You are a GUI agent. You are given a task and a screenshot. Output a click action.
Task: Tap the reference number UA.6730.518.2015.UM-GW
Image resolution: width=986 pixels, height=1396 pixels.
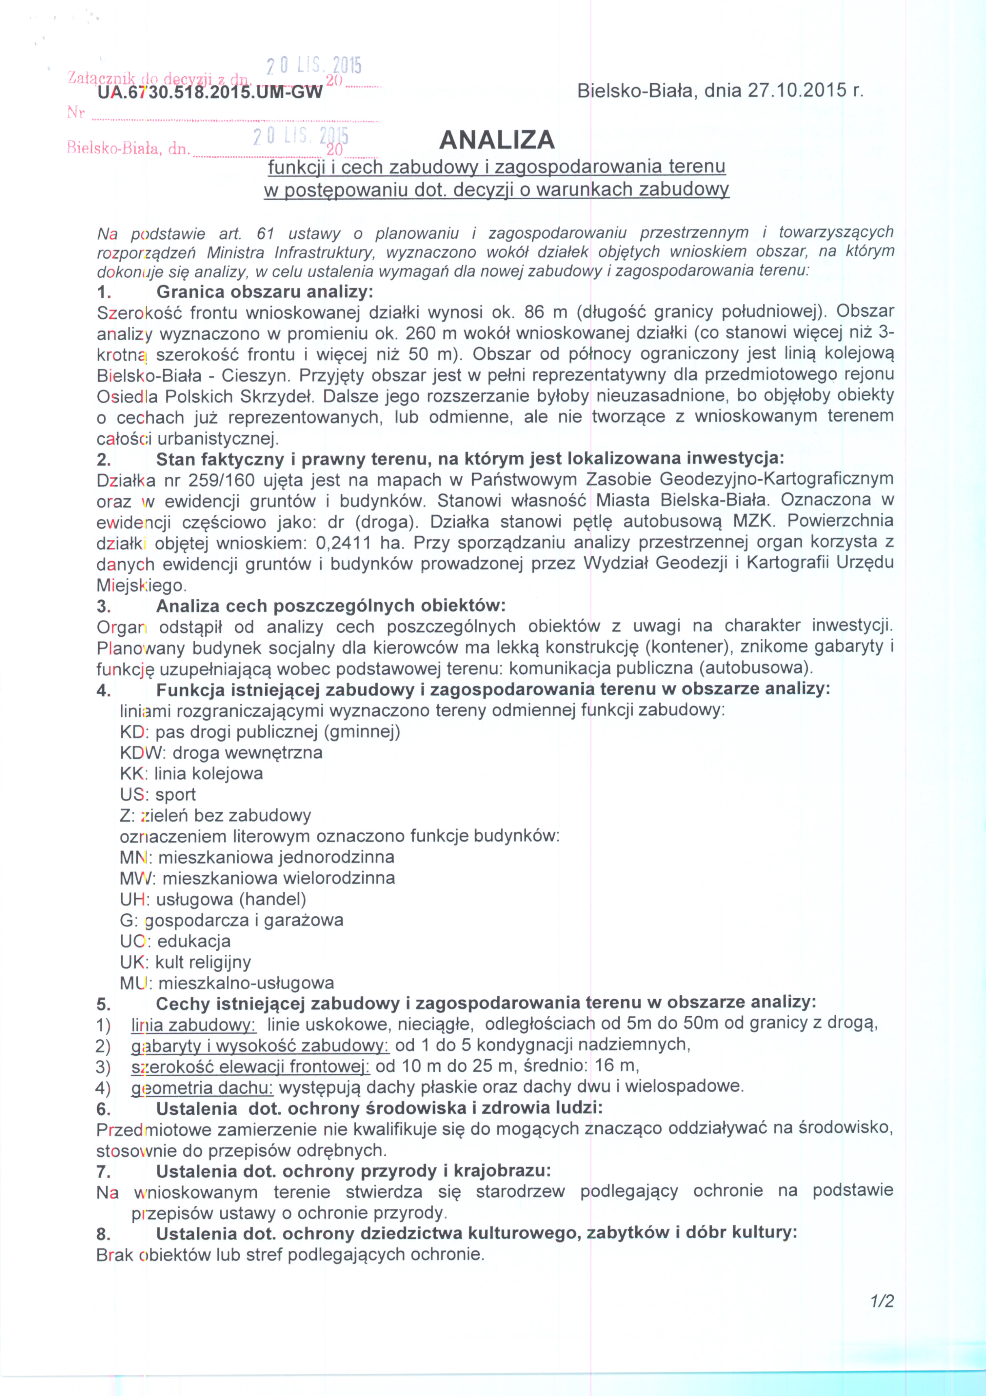pos(210,92)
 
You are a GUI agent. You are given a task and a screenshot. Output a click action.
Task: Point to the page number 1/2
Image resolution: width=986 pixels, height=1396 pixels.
pos(881,1301)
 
